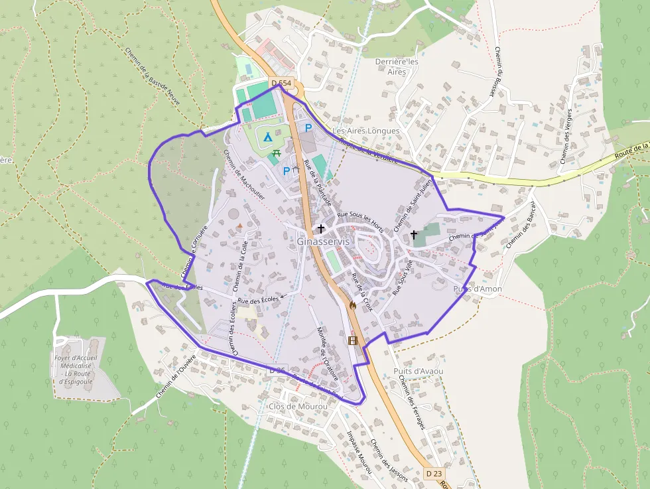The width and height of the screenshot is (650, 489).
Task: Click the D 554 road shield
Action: tap(281, 83)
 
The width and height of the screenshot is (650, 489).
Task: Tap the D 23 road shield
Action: tap(433, 473)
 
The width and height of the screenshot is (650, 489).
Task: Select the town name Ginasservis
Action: tap(323, 242)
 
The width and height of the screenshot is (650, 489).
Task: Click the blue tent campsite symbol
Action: tap(267, 137)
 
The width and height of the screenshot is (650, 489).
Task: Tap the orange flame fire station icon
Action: tap(352, 306)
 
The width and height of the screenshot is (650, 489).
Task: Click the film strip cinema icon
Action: tap(352, 340)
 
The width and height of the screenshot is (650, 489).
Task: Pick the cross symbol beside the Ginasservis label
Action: tap(321, 228)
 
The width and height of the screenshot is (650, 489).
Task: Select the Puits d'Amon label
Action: tap(478, 289)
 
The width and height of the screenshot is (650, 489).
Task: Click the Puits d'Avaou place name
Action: tap(418, 371)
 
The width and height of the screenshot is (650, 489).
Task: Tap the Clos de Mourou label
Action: tap(298, 406)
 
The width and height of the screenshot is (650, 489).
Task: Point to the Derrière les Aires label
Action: tap(397, 66)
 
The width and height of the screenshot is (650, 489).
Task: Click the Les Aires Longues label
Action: tap(366, 131)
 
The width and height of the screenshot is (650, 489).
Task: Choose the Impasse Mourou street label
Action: tap(359, 452)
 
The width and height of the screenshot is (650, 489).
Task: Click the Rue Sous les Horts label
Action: tap(361, 218)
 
